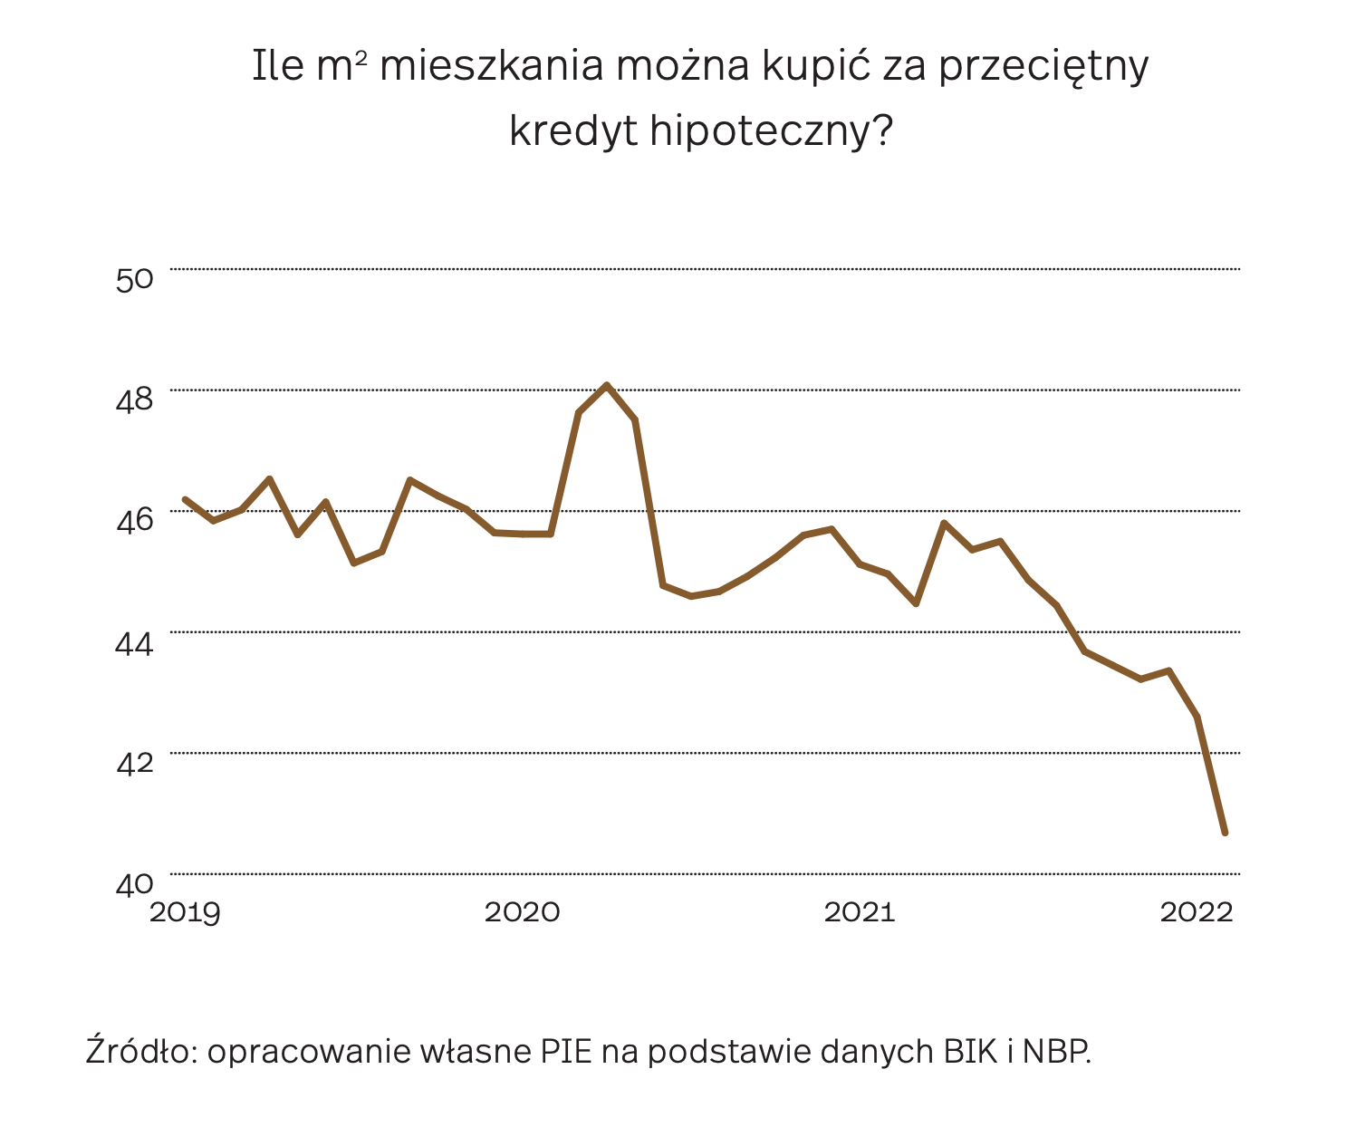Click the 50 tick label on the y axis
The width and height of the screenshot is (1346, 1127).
[134, 278]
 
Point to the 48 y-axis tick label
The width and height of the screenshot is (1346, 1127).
[134, 400]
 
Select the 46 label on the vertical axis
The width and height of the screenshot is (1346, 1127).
[134, 521]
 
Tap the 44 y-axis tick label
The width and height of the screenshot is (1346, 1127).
[134, 642]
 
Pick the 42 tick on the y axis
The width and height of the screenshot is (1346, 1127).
[134, 763]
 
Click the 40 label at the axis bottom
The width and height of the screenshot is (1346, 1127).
[134, 884]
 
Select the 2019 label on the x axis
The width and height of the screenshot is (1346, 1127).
[185, 912]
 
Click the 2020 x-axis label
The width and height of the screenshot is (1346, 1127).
[523, 912]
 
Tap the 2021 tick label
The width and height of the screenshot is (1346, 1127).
[860, 912]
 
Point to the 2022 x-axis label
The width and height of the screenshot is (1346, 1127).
[1197, 912]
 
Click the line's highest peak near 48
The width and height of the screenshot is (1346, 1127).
[607, 385]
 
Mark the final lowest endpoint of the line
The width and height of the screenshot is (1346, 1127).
[1225, 833]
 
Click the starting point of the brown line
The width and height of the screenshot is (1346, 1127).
[185, 499]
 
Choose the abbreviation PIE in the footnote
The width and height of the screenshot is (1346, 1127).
[566, 1052]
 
